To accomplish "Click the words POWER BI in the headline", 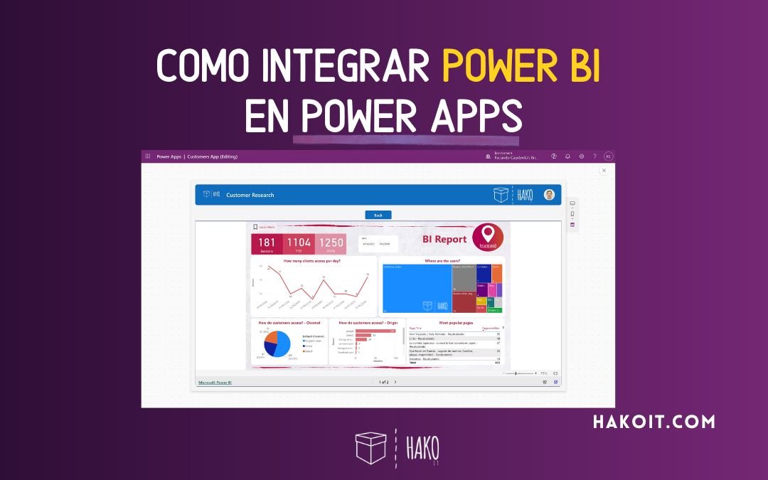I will coord(521,67).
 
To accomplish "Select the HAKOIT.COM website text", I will coord(654,422).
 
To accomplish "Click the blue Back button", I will coord(378,215).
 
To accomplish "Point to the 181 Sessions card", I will coord(267,245).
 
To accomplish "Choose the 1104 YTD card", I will coord(298,245).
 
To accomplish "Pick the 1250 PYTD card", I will coord(331,245).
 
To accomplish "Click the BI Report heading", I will coord(444,240).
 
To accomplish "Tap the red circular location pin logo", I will coord(488,237).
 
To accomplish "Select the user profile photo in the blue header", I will coord(549,194).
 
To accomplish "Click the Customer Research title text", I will coord(250,195).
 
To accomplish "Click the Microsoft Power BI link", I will coord(215,383).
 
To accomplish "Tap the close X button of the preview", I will coord(604,171).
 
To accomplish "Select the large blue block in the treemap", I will coord(416,288).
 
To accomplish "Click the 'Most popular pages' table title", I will coord(455,322).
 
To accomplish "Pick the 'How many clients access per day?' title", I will coord(311,261).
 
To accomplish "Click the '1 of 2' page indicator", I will coord(383,382).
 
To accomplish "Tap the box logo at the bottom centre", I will coord(370,447).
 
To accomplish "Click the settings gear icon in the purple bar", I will coord(581,156).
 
